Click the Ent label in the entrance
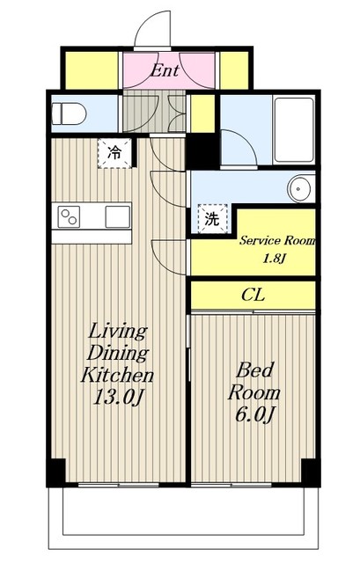point(165,70)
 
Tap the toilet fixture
point(69,113)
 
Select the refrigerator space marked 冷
point(115,153)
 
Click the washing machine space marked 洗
point(212,219)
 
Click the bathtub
point(293,130)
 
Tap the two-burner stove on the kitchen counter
point(69,217)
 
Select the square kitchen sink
point(118,217)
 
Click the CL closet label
point(253,296)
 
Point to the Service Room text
point(277,240)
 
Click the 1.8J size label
point(274,259)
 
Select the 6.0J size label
point(254,414)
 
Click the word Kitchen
point(117,375)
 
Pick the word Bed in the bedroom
point(254,370)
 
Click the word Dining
point(118,354)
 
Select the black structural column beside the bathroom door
point(203,151)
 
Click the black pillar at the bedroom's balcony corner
point(311,472)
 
